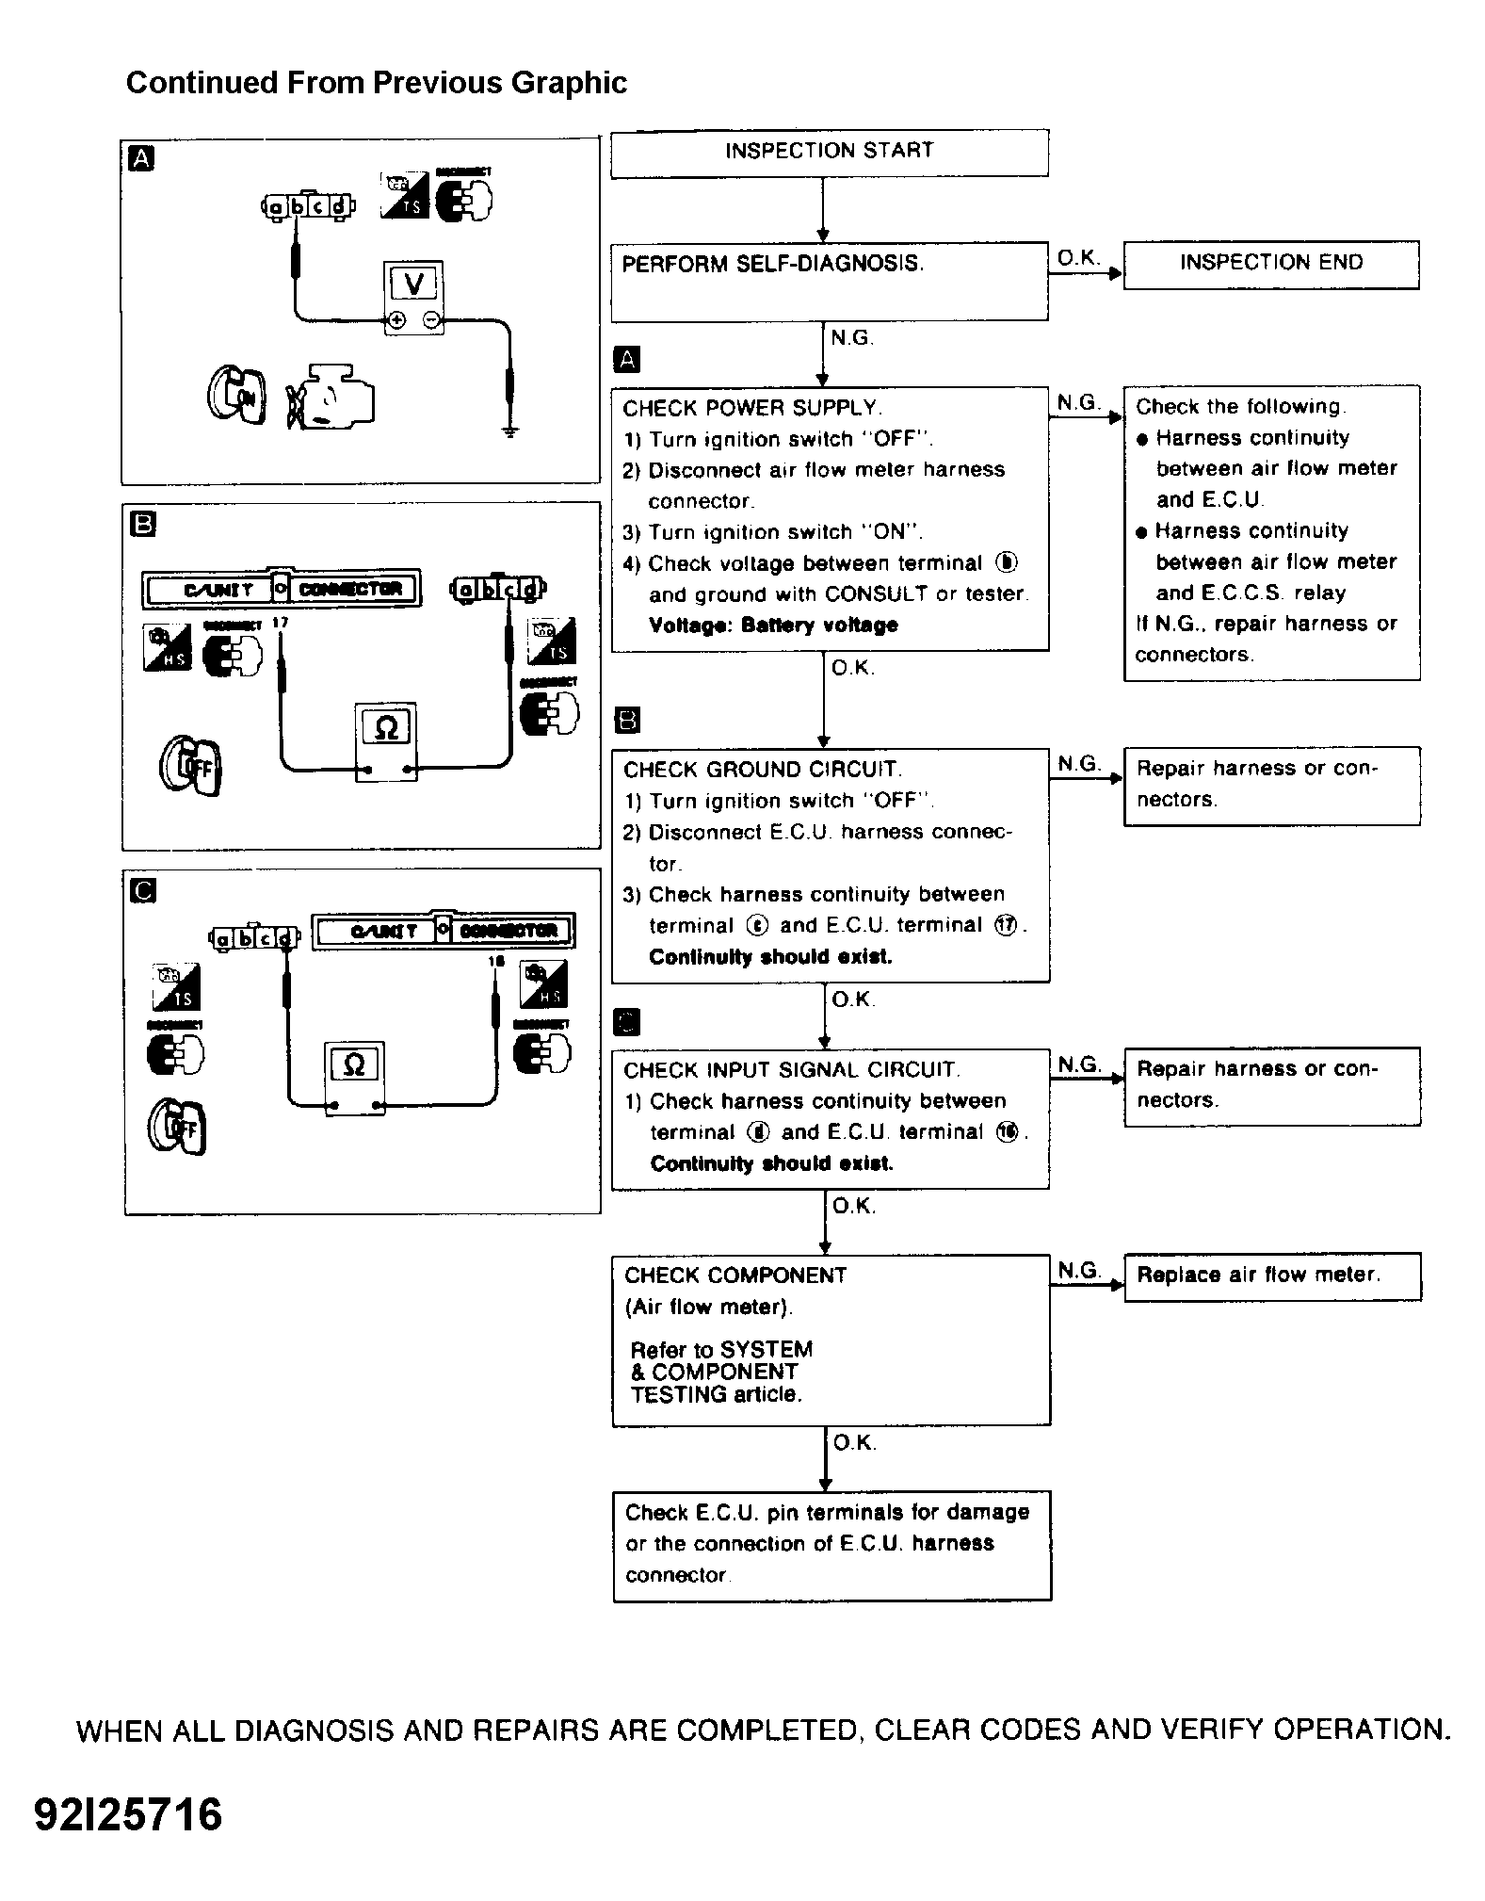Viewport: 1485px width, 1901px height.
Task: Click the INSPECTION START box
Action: pos(829,153)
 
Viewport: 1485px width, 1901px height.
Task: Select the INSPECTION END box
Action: pos(1270,264)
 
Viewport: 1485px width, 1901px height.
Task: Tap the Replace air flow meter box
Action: pos(1271,1276)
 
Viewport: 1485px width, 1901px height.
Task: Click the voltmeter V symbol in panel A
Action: pos(413,284)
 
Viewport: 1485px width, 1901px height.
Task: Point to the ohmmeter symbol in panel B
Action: pos(386,728)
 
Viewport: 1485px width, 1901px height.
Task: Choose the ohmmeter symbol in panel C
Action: pos(354,1065)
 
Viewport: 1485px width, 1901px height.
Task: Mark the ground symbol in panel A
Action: pos(509,432)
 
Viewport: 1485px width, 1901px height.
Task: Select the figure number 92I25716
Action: pos(129,1814)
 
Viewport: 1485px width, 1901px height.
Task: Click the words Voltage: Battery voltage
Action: pos(773,626)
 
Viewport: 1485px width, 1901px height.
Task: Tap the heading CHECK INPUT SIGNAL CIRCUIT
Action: pos(791,1070)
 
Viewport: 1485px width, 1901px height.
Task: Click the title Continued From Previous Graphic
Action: pos(376,83)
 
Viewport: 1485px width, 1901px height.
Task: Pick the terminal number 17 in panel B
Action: pos(280,624)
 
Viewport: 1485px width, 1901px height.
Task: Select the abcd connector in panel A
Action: pos(307,206)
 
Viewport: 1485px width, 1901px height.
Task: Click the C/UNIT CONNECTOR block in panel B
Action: pos(281,590)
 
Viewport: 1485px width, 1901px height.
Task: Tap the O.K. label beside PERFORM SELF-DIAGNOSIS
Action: pos(1078,258)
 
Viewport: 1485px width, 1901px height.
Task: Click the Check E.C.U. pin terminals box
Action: pos(831,1544)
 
